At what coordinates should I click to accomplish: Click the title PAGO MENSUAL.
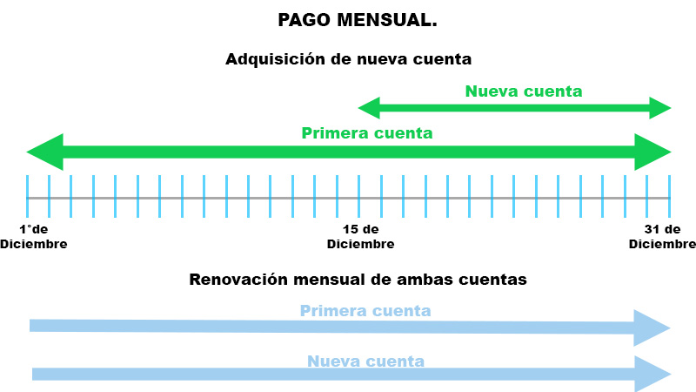click(358, 20)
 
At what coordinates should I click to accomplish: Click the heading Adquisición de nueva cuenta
click(349, 59)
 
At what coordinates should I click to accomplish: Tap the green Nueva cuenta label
click(524, 91)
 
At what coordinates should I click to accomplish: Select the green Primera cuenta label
click(366, 133)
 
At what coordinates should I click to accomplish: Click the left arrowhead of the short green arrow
click(369, 108)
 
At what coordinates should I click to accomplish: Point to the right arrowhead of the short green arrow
click(660, 108)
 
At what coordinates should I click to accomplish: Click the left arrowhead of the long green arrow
click(45, 152)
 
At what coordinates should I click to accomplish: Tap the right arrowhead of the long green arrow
click(652, 152)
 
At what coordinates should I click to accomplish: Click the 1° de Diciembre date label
click(34, 237)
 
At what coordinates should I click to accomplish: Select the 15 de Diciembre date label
click(360, 237)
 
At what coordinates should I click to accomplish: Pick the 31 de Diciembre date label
click(662, 237)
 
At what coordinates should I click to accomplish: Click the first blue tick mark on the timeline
click(28, 197)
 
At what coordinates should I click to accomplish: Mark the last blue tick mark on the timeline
click(669, 197)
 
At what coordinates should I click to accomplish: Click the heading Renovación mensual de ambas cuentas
click(358, 280)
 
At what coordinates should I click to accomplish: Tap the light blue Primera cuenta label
click(365, 311)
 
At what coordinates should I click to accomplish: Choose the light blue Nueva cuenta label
click(365, 362)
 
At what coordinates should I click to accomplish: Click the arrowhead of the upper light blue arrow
click(652, 328)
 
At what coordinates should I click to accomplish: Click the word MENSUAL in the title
click(387, 20)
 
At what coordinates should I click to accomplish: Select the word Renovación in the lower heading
click(238, 280)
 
